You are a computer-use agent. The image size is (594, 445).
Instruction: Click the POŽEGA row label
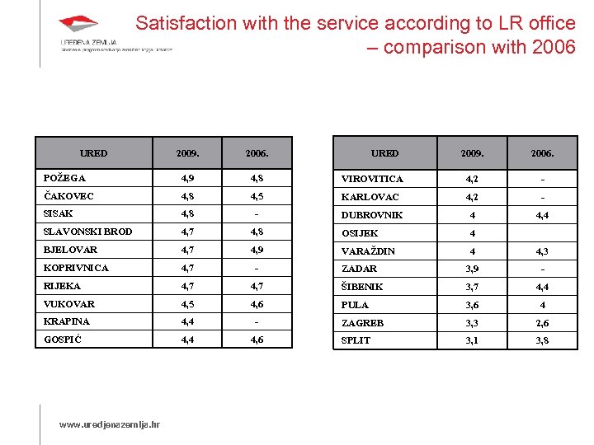click(x=64, y=178)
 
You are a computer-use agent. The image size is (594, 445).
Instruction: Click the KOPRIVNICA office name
click(x=76, y=268)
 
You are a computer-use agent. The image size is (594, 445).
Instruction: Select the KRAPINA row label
click(x=67, y=321)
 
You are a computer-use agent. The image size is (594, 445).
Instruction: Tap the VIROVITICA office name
click(x=373, y=179)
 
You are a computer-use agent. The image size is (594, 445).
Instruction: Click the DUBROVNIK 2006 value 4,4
click(x=543, y=215)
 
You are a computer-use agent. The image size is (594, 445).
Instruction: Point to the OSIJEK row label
click(x=360, y=233)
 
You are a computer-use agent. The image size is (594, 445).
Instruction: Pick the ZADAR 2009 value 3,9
click(x=472, y=269)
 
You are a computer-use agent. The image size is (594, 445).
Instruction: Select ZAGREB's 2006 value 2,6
click(x=543, y=323)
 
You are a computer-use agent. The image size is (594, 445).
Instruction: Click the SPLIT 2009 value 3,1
click(x=472, y=340)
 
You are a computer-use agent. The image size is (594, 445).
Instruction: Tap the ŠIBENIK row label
click(x=362, y=287)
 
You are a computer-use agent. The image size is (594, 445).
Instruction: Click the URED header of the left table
click(x=93, y=153)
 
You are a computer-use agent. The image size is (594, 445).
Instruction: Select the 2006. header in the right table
click(x=543, y=153)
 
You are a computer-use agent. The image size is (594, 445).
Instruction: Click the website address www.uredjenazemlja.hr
click(x=110, y=425)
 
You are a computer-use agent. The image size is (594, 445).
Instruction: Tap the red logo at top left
click(x=78, y=26)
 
